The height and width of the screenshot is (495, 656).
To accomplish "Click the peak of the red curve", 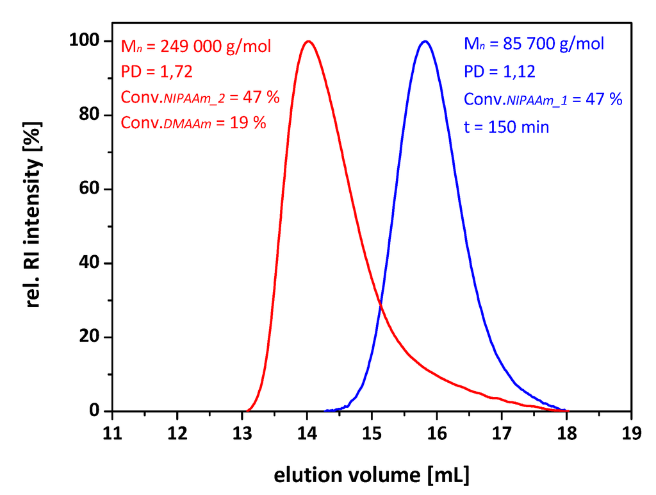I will pyautogui.click(x=308, y=42).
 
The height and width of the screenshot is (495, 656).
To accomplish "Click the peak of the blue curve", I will pyautogui.click(x=424, y=42).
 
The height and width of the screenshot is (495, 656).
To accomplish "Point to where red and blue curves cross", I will pyautogui.click(x=381, y=304).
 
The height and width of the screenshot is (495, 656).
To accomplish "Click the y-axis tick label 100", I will pyautogui.click(x=85, y=41).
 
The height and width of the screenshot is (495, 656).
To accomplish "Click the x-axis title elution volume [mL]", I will pyautogui.click(x=372, y=475).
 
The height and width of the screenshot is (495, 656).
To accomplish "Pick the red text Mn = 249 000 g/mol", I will pyautogui.click(x=196, y=46).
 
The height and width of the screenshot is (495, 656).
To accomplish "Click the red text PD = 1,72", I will pyautogui.click(x=157, y=72).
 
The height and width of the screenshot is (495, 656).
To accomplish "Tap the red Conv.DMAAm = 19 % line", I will pyautogui.click(x=193, y=123).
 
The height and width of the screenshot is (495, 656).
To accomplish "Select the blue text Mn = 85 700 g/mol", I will pyautogui.click(x=534, y=45).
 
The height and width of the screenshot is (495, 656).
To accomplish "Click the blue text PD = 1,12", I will pyautogui.click(x=500, y=72).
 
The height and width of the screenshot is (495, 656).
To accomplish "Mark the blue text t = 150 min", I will pyautogui.click(x=507, y=127).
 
